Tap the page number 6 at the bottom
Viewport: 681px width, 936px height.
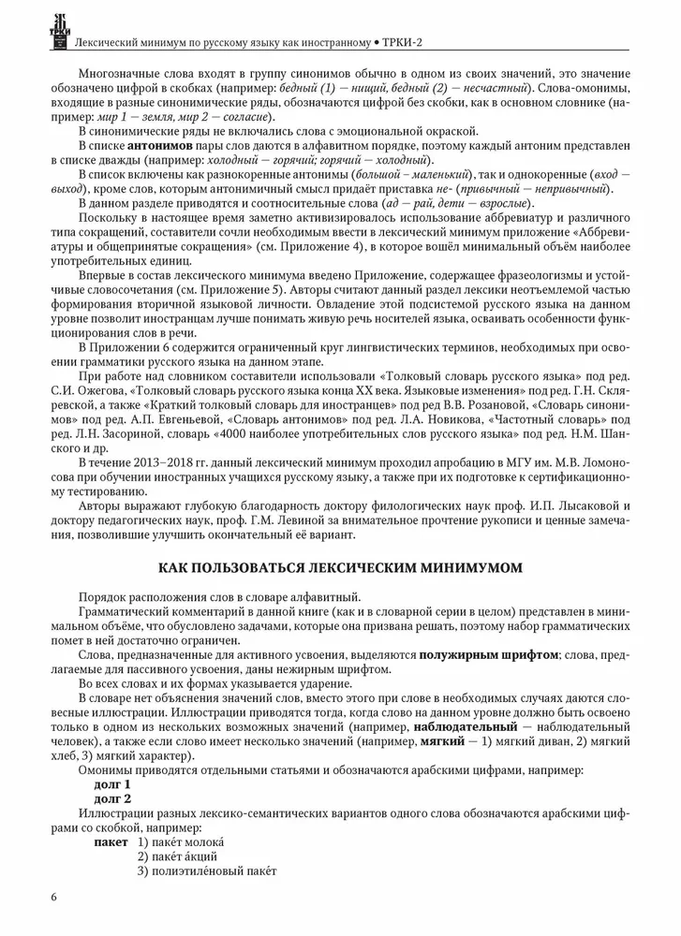click(x=54, y=897)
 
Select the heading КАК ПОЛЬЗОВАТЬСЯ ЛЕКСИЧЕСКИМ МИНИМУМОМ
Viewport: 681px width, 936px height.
click(x=340, y=566)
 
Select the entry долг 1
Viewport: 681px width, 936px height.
click(x=112, y=782)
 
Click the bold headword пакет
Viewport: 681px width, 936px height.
click(x=111, y=841)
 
